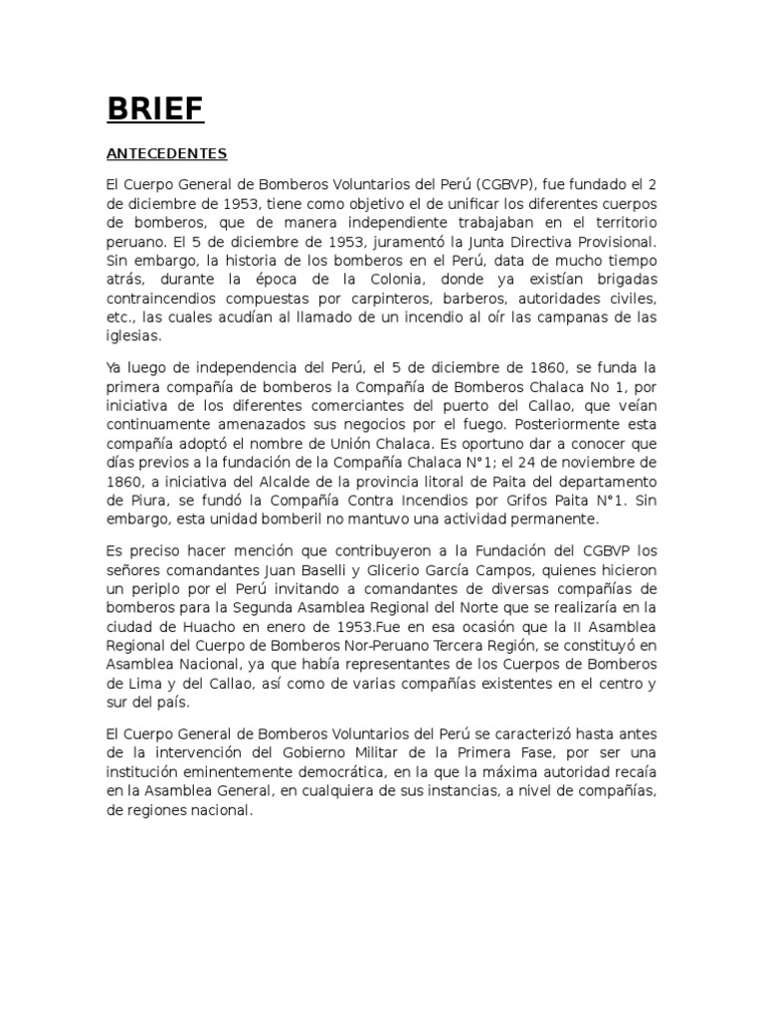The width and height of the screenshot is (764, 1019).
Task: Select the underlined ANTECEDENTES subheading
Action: [167, 154]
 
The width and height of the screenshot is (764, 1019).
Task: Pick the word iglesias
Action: [134, 338]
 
